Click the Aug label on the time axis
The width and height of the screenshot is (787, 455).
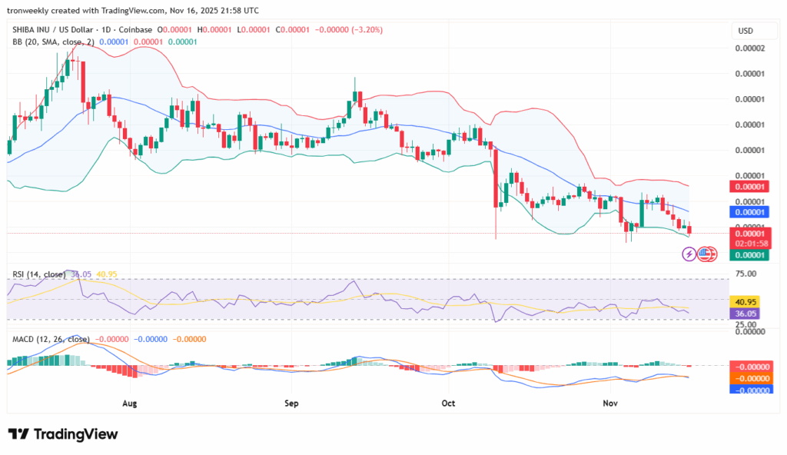coord(129,403)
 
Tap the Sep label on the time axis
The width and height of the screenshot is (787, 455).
coord(291,403)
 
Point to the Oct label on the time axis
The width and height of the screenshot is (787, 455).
coord(450,403)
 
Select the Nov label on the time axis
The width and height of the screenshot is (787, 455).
coord(610,403)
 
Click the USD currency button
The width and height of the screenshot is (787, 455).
coord(745,31)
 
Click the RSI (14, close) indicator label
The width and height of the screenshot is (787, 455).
coord(37,274)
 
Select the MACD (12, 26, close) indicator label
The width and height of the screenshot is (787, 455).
coord(51,339)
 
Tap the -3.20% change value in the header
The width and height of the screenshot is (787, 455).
coord(368,30)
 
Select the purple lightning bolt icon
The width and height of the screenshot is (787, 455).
coord(689,253)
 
